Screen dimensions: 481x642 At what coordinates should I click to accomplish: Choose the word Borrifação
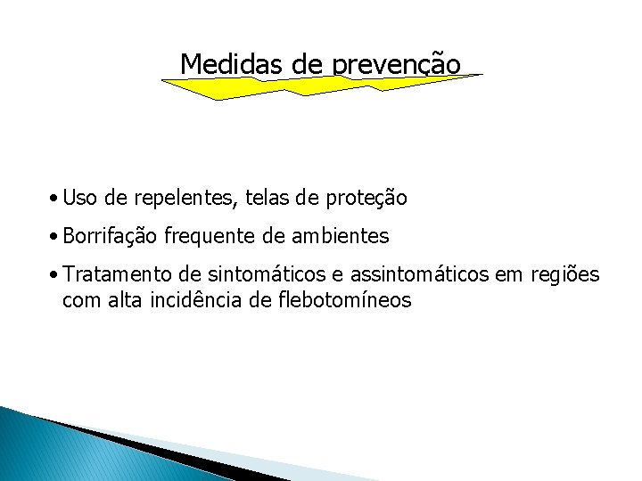pyautogui.click(x=111, y=237)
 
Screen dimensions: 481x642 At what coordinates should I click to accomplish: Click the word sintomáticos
pyautogui.click(x=240, y=275)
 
